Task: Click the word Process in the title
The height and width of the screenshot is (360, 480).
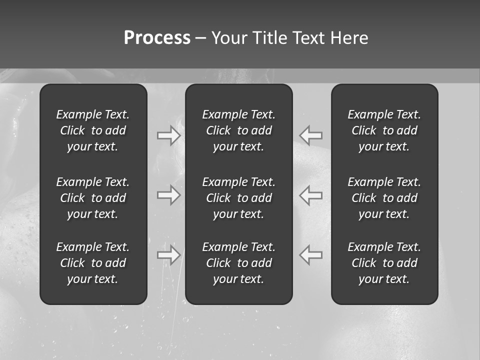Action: tap(157, 38)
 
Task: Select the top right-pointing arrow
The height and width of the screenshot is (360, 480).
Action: tap(169, 135)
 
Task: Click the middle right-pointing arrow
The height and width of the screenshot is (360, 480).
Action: tap(169, 194)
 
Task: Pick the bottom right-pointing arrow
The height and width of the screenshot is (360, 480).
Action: tap(169, 255)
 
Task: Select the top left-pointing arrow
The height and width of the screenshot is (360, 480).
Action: tap(310, 134)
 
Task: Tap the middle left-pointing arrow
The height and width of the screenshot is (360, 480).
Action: tap(310, 194)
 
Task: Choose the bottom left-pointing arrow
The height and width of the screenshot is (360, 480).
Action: tap(310, 254)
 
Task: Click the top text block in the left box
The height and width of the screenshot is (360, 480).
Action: tap(93, 130)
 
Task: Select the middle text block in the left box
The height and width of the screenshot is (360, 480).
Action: tap(93, 198)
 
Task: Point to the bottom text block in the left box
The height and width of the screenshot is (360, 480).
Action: tap(93, 263)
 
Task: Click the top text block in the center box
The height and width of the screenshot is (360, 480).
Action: tap(239, 130)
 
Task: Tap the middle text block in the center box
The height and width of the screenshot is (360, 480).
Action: tap(239, 198)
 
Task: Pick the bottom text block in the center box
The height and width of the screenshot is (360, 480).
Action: tap(239, 263)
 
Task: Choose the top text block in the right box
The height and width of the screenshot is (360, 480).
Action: tap(384, 130)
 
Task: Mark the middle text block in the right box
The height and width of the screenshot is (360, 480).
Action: tap(384, 198)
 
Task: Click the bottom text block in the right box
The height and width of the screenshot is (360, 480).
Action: tap(384, 263)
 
